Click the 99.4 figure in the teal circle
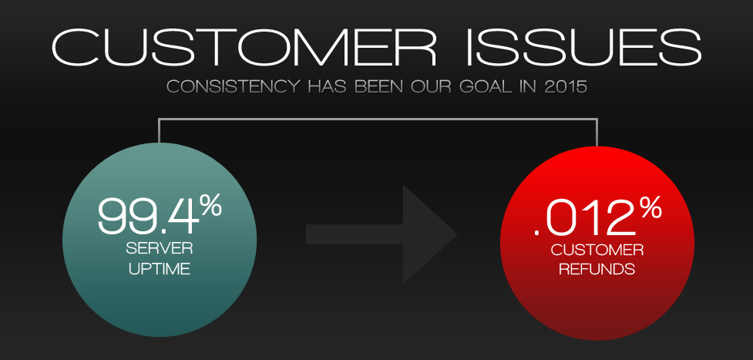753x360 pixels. [x=147, y=217]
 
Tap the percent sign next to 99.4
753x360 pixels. [x=210, y=206]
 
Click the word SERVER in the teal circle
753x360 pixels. [x=160, y=250]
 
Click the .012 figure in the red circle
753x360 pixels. [x=580, y=219]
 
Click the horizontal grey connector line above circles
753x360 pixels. [x=378, y=119]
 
